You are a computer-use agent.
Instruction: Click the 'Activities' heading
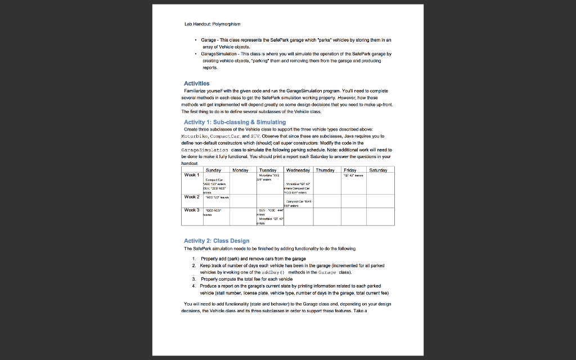coord(196,83)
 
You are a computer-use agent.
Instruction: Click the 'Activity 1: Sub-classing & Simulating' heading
coord(235,122)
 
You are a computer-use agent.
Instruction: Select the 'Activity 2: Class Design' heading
coord(217,241)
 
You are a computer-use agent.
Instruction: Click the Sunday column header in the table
coord(213,169)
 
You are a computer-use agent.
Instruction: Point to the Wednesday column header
coord(298,169)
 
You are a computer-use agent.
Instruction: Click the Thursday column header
coord(325,169)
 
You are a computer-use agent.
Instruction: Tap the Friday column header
coord(350,169)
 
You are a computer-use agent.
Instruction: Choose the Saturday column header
coord(380,169)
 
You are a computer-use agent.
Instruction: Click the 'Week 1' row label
coord(192,175)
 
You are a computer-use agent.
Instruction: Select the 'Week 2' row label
coord(192,197)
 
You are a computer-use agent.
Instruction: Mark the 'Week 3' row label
coord(192,210)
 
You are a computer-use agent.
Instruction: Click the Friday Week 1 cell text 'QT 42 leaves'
coord(353,175)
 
